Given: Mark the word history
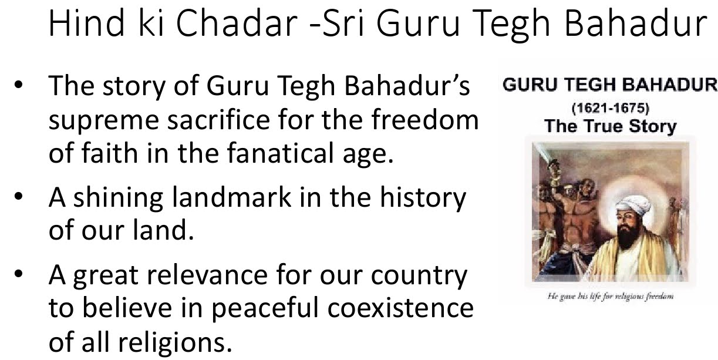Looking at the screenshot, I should [423, 198].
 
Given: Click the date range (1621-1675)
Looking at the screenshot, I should [610, 109].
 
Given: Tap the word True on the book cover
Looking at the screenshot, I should [604, 126].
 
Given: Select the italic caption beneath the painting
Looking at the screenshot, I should [610, 296].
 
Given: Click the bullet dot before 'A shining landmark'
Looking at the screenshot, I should [18, 198].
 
